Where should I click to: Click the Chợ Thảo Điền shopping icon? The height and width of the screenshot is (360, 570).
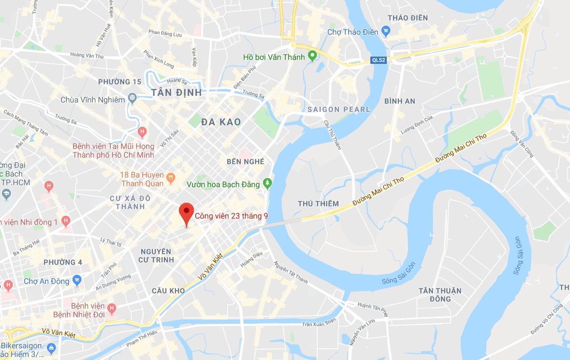(x=385, y=32)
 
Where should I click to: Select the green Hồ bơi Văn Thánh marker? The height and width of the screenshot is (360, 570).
(x=312, y=57)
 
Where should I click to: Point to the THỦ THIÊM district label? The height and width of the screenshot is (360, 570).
(x=318, y=203)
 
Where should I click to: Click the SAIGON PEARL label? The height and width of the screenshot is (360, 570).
(x=338, y=109)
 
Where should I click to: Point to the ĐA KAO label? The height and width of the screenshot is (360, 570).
(x=221, y=122)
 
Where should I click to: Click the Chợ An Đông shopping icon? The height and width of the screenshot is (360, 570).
(x=77, y=280)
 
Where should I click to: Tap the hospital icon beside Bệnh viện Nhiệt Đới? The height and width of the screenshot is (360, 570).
(x=112, y=307)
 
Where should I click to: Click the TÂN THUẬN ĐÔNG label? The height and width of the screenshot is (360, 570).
(x=440, y=295)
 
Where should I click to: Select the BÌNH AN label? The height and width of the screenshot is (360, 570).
(x=400, y=101)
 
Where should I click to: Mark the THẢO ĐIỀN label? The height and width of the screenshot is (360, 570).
(x=408, y=18)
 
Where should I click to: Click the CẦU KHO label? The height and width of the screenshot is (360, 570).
(x=168, y=291)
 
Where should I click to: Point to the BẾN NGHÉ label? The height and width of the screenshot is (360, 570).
(x=246, y=162)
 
